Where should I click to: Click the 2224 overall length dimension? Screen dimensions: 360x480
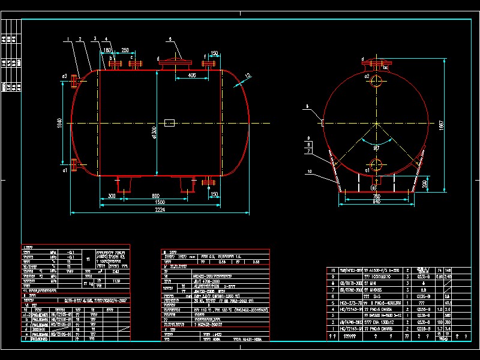click(x=160, y=210)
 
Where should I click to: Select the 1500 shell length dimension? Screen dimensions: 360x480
click(x=160, y=203)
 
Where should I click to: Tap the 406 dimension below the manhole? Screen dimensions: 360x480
click(x=191, y=76)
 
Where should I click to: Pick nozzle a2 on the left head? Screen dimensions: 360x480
click(x=74, y=80)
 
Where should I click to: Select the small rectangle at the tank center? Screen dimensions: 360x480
click(x=170, y=123)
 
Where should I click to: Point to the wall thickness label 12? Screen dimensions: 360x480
click(x=247, y=76)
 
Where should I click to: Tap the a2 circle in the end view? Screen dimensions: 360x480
click(x=376, y=81)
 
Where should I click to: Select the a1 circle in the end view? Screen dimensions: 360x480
click(x=376, y=165)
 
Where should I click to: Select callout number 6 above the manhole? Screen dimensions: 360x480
click(x=170, y=39)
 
